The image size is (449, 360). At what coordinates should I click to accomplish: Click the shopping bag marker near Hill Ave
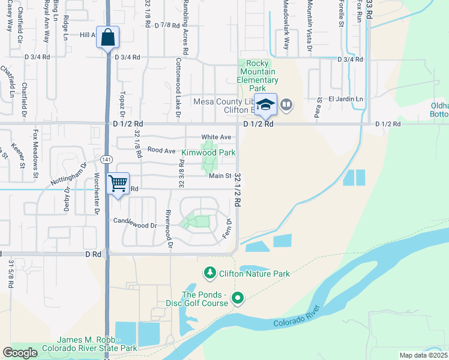107,38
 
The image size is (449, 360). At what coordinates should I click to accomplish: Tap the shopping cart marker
118,183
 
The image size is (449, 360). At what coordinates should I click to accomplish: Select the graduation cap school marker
265,105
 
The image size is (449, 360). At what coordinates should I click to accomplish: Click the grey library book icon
286,105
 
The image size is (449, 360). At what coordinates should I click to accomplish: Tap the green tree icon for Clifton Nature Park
209,274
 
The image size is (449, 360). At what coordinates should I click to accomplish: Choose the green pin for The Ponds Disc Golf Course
238,297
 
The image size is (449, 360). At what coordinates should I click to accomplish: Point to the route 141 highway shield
106,159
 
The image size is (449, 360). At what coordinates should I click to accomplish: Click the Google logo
20,353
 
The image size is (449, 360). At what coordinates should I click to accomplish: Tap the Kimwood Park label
208,153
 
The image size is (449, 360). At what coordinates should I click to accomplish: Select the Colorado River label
293,320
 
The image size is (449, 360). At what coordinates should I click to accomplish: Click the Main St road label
220,176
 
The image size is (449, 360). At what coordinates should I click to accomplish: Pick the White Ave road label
215,137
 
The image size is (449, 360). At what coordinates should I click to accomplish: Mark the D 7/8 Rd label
167,26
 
